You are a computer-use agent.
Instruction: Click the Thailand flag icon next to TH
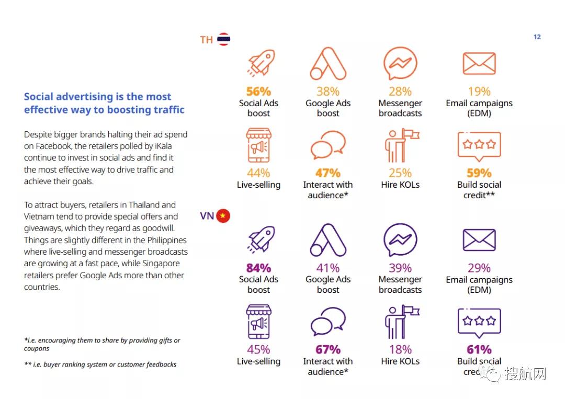(x=224, y=39)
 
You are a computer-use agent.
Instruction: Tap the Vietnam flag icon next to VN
(x=223, y=215)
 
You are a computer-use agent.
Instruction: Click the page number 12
(x=537, y=37)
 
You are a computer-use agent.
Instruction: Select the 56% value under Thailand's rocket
(x=258, y=92)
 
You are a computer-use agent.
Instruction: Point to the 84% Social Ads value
(x=258, y=268)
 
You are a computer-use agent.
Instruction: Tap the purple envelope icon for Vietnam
(x=479, y=240)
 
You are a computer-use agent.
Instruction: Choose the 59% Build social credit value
(x=479, y=173)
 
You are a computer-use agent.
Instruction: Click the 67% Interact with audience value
(x=328, y=350)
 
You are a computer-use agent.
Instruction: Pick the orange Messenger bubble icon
(x=400, y=64)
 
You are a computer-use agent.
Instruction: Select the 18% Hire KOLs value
(x=400, y=350)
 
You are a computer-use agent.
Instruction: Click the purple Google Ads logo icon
(x=328, y=240)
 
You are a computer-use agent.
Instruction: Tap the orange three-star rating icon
(x=479, y=144)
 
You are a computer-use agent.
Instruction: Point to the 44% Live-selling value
(x=258, y=173)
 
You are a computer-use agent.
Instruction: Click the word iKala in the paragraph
(x=176, y=146)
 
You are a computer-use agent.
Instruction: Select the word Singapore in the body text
(x=164, y=264)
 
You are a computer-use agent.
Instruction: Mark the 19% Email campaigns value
(x=479, y=92)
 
